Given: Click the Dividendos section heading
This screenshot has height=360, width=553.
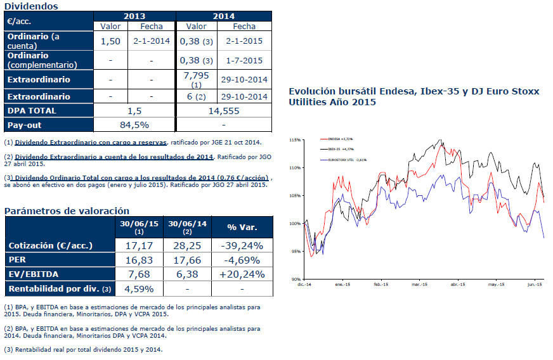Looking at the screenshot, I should tap(31, 6).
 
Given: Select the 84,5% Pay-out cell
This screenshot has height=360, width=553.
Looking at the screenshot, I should tap(134, 124).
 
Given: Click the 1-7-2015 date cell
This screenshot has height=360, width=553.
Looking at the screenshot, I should tap(244, 61).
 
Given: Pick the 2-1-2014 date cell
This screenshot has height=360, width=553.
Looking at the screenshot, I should tap(152, 41).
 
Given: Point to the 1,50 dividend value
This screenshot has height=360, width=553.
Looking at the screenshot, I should tap(111, 41).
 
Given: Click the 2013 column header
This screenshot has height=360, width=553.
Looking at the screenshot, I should tap(134, 16).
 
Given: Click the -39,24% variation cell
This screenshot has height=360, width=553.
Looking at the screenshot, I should tap(241, 245).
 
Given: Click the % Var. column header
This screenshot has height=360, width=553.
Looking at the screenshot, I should tap(241, 227).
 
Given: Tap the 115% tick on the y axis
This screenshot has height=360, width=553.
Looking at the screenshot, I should tap(294, 139).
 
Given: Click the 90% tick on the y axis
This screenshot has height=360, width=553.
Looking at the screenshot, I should tap(295, 279).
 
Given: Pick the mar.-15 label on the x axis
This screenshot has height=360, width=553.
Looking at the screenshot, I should tap(420, 285).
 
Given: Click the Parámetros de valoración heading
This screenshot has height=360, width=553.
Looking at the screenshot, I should tap(67, 210).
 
